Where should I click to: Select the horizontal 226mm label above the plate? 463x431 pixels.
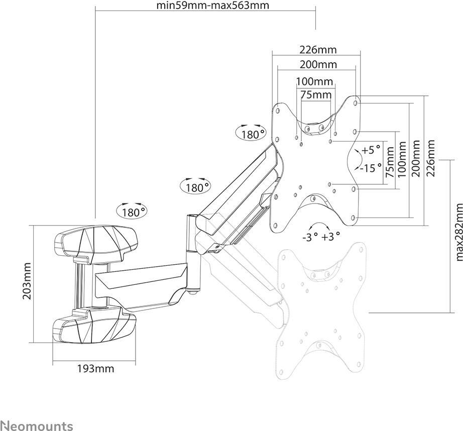click(318, 50)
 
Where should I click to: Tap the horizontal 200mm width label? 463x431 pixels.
click(318, 65)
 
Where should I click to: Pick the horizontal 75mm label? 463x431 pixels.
click(316, 94)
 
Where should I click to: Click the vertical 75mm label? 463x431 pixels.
click(389, 166)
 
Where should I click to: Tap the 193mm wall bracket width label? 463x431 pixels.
click(95, 369)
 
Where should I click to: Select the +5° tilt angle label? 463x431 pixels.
click(372, 150)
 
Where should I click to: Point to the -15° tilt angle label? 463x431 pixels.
click(372, 168)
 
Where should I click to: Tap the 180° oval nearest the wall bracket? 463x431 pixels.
click(132, 211)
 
